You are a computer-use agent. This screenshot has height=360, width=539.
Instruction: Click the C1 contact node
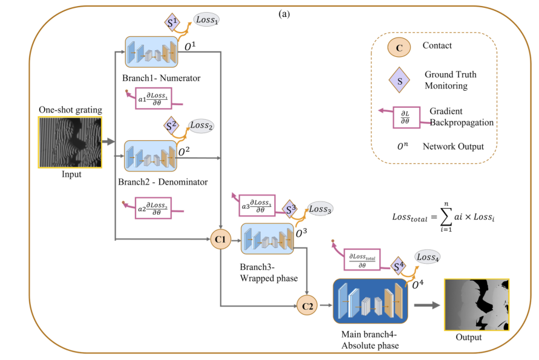(x=220, y=240)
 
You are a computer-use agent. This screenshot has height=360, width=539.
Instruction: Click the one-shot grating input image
(x=70, y=142)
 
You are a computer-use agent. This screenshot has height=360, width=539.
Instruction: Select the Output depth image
(x=476, y=305)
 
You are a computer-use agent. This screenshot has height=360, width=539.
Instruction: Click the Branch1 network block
(x=152, y=52)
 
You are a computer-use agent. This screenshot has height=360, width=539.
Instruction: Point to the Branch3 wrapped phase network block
(x=266, y=238)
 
